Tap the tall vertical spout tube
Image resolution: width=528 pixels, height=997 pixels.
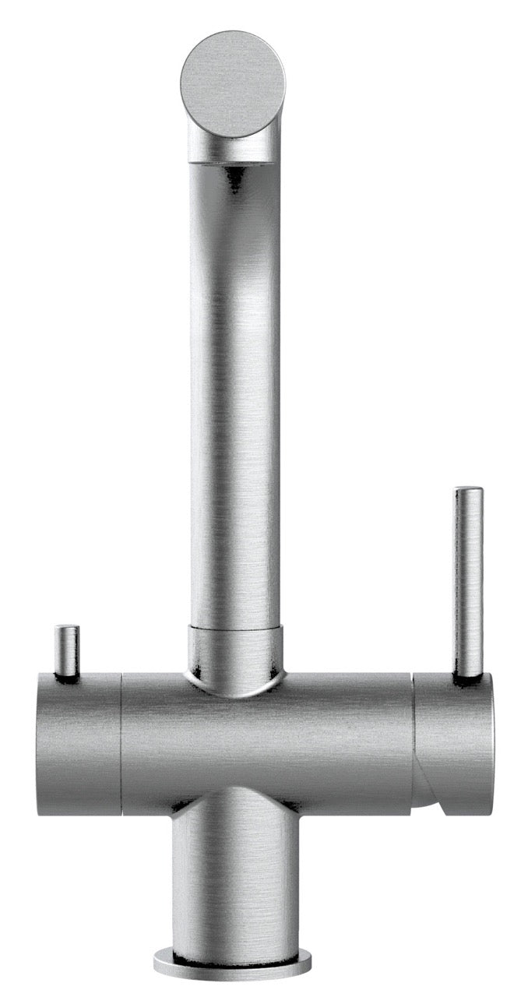pyautogui.click(x=234, y=389)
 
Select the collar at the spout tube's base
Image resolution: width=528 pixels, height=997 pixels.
pyautogui.click(x=234, y=651)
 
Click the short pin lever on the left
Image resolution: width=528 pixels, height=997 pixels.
pyautogui.click(x=67, y=650)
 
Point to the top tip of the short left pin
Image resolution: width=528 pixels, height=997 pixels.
pyautogui.click(x=67, y=628)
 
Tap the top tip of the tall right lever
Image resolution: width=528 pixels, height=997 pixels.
pyautogui.click(x=469, y=491)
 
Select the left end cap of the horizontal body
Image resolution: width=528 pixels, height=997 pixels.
pyautogui.click(x=78, y=744)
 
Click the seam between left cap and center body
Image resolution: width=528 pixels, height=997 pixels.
pyautogui.click(x=121, y=744)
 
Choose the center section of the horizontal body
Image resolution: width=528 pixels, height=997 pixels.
pyautogui.click(x=265, y=744)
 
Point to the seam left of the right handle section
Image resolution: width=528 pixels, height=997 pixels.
pyautogui.click(x=413, y=740)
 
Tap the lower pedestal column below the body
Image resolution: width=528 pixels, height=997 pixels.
pyautogui.click(x=234, y=880)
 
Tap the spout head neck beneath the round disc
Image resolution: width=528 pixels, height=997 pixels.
pyautogui.click(x=234, y=148)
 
